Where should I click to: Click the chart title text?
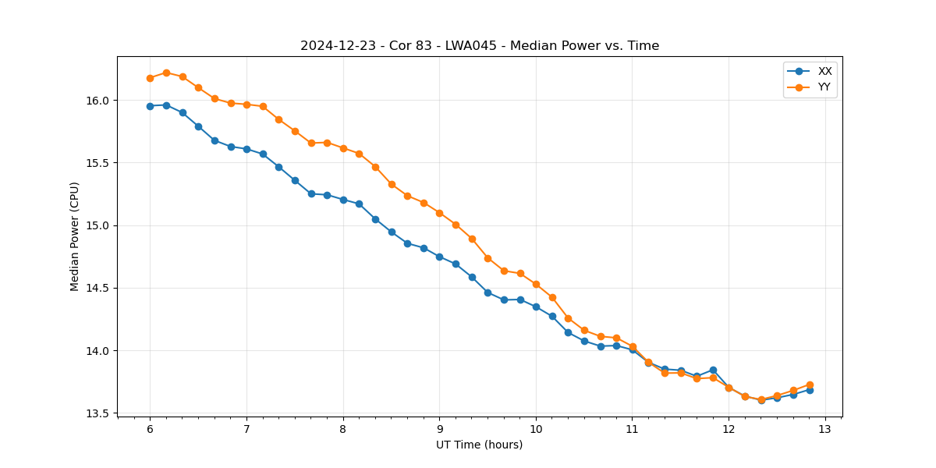pos(480,46)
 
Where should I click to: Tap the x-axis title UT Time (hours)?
pos(479,445)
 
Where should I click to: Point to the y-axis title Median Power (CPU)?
pos(75,236)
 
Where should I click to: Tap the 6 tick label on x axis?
pos(150,429)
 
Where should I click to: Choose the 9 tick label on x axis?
pos(439,429)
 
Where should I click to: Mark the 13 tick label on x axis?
pos(825,429)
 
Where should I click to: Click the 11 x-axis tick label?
pos(633,429)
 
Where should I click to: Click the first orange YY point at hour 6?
pos(150,78)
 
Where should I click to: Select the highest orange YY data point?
pos(166,73)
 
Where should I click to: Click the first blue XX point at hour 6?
pos(150,106)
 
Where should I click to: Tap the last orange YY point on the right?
pos(810,385)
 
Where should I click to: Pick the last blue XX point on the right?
pos(810,390)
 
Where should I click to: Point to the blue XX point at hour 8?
pos(343,200)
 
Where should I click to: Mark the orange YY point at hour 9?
pos(439,213)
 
